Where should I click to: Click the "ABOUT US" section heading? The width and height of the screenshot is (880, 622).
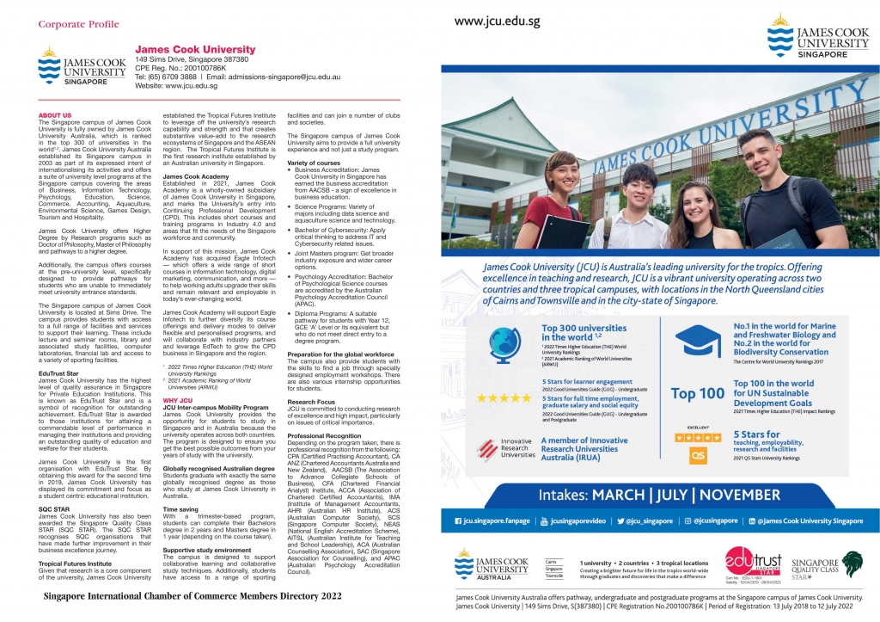tap(55, 115)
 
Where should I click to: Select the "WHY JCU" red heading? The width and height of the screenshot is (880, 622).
tap(178, 400)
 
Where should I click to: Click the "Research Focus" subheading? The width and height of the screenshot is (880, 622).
tap(311, 402)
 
